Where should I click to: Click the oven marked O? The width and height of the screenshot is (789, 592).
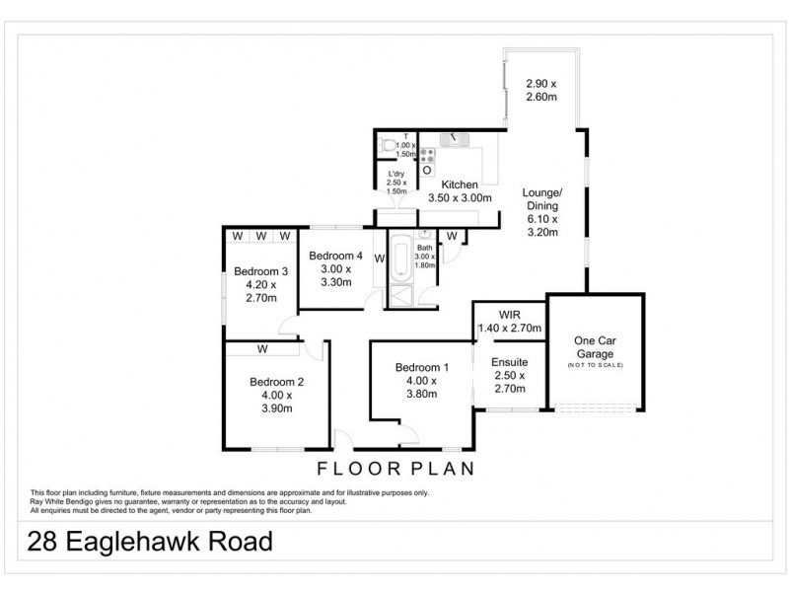pyautogui.click(x=427, y=170)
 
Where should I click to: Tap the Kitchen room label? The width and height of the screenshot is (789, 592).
pyautogui.click(x=460, y=185)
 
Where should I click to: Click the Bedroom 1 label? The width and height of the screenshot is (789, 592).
pyautogui.click(x=419, y=367)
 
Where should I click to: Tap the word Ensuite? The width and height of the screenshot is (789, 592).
pyautogui.click(x=509, y=362)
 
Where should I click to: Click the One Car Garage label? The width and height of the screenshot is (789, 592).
pyautogui.click(x=594, y=347)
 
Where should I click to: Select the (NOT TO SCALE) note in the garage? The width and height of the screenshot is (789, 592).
pyautogui.click(x=595, y=366)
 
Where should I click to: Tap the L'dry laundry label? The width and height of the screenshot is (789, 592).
pyautogui.click(x=395, y=176)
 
